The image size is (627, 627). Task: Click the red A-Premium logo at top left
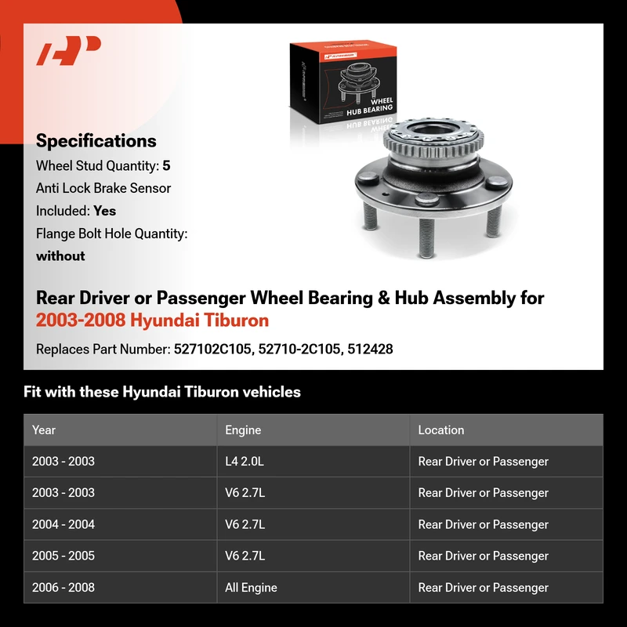coord(68,50)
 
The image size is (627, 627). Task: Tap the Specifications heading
coord(96,141)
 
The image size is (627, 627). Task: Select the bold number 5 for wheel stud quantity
coord(166,165)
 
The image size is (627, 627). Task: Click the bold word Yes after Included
coord(105,211)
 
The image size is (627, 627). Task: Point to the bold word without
coord(60,256)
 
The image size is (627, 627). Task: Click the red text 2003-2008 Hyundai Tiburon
coord(152,321)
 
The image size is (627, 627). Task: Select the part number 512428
coord(370,349)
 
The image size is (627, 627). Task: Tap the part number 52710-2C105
coord(300,349)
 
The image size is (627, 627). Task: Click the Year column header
coord(44,429)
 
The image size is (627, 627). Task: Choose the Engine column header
coord(243,429)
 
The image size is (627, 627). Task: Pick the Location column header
coord(441,429)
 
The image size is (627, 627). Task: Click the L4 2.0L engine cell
coord(245,462)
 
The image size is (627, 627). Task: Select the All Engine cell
coord(251,587)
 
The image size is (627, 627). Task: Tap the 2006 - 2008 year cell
coord(63,587)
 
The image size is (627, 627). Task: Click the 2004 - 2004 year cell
coord(63,524)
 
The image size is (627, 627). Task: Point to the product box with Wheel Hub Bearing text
coord(343,82)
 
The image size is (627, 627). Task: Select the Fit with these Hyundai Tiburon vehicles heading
coord(162,392)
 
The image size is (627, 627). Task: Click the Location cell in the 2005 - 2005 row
coord(483,556)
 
